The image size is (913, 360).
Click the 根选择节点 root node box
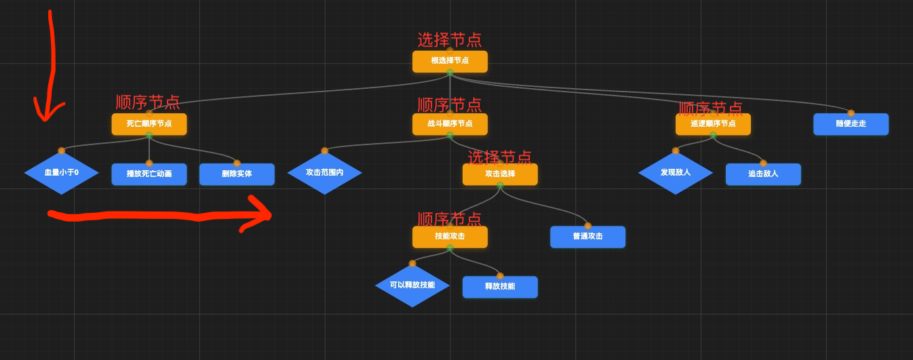pos(450,61)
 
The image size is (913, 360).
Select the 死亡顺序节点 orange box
pos(149,124)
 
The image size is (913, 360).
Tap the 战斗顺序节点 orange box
pos(450,124)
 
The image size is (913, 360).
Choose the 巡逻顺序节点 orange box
pos(713,124)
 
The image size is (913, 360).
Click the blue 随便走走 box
pos(851,124)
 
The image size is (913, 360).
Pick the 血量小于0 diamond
pos(62,173)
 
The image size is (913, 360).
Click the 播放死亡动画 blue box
pos(149,174)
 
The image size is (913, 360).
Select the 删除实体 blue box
pos(237,174)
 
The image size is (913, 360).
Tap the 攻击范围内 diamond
pos(324,173)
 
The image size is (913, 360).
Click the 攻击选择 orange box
pos(500,174)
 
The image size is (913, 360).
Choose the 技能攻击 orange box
pos(450,237)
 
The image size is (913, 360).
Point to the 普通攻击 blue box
pos(587,237)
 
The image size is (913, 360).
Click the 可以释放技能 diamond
pos(412,285)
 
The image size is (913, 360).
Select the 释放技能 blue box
pos(500,287)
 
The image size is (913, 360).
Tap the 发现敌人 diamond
pos(676,173)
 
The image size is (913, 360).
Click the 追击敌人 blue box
pos(763,174)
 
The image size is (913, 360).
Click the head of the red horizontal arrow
pos(270,215)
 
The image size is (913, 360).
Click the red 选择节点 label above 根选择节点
pos(449,40)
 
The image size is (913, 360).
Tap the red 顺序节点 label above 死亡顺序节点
pos(148,102)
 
